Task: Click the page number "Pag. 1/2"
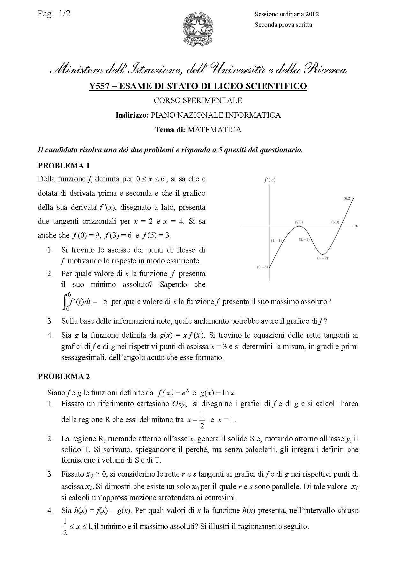click(54, 13)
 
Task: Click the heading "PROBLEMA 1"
click(64, 166)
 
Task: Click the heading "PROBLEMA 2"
click(64, 376)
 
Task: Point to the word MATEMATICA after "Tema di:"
click(214, 130)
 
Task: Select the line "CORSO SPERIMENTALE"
click(198, 100)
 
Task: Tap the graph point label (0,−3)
click(262, 267)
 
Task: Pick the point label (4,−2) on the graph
click(322, 258)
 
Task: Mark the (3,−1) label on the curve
click(304, 239)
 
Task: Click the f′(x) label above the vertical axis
click(270, 180)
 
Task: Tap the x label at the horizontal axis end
click(356, 226)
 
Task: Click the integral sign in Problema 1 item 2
click(65, 301)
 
